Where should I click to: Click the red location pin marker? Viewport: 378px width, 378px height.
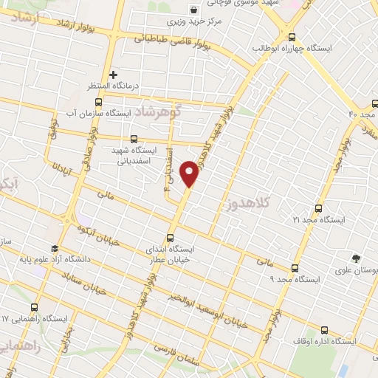(x=190, y=173)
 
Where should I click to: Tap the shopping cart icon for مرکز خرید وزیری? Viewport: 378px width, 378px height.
(x=193, y=10)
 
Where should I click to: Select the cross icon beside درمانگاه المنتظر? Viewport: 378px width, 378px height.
(x=113, y=74)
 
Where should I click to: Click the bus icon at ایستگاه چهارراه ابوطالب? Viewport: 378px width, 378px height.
(x=292, y=36)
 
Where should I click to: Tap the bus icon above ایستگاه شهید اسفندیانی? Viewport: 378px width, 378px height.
(x=134, y=138)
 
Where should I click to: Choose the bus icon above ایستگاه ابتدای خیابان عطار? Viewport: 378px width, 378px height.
(x=171, y=238)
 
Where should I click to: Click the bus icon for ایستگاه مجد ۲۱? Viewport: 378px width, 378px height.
(x=318, y=209)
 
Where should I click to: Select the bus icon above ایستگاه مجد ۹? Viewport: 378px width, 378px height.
(x=295, y=268)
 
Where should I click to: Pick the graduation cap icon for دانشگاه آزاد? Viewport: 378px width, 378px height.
(x=55, y=249)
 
